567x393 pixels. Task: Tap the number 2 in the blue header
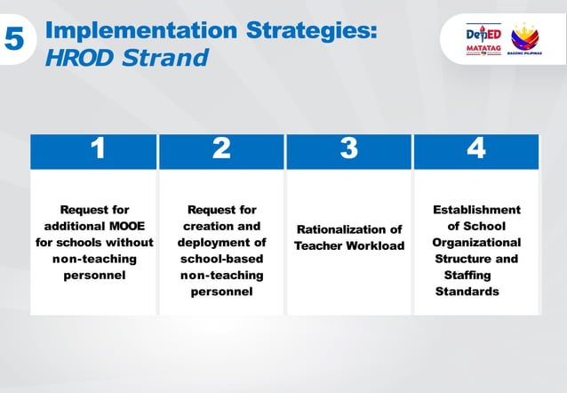(221, 149)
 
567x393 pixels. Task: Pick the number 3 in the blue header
(349, 149)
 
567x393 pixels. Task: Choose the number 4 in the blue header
(476, 149)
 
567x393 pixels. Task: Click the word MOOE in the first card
(128, 226)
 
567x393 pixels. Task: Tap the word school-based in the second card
(221, 259)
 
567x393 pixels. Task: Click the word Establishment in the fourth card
(476, 210)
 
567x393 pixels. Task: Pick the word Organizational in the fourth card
(476, 242)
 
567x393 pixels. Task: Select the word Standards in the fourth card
(467, 291)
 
